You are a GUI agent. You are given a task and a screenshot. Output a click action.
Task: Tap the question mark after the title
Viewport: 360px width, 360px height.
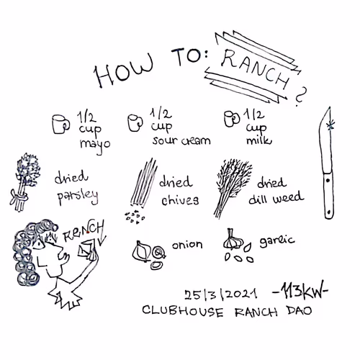301,96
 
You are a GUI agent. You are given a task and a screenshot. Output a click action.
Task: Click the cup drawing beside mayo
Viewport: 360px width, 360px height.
60,124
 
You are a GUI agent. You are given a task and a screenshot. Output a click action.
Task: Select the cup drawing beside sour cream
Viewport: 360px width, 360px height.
135,122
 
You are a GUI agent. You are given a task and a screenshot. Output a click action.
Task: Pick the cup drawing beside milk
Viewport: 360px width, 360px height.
232,119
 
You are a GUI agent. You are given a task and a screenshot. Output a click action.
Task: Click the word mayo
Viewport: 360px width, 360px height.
95,145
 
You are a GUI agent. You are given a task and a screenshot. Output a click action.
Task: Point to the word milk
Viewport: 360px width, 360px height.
259,140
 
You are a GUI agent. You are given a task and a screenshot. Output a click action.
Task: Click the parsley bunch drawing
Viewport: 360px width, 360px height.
24,182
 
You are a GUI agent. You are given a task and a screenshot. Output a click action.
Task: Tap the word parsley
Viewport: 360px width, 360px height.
78,197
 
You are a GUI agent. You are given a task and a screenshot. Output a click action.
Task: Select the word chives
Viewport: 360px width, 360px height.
180,200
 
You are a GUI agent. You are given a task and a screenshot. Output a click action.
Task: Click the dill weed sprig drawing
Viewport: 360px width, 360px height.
231,189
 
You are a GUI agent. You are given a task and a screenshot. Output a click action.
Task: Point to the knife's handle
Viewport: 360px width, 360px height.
328,196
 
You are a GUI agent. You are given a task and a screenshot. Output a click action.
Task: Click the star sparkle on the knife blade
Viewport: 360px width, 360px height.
331,125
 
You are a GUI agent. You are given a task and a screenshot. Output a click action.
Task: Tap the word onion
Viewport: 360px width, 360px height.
187,245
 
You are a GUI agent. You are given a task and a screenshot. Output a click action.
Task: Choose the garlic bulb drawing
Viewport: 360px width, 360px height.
233,240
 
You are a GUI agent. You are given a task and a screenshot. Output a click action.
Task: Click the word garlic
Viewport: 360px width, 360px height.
277,241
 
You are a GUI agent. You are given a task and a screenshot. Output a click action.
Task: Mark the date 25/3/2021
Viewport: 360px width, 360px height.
221,294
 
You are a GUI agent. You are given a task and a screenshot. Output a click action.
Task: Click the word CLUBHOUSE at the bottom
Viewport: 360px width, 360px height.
183,311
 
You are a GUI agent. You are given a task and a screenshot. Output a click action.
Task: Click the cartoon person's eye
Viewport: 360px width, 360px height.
38,245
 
